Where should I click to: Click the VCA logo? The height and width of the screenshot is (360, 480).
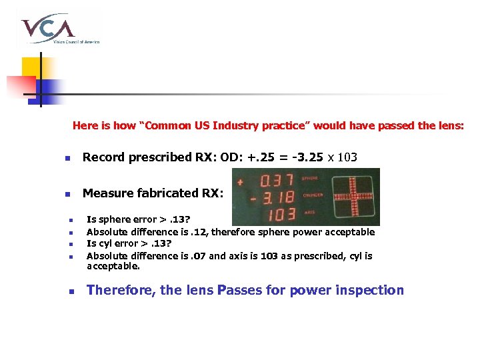[59, 29]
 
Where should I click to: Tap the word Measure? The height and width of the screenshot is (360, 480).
[105, 193]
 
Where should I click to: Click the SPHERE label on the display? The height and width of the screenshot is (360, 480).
[311, 179]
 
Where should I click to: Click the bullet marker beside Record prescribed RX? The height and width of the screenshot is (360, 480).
[67, 159]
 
